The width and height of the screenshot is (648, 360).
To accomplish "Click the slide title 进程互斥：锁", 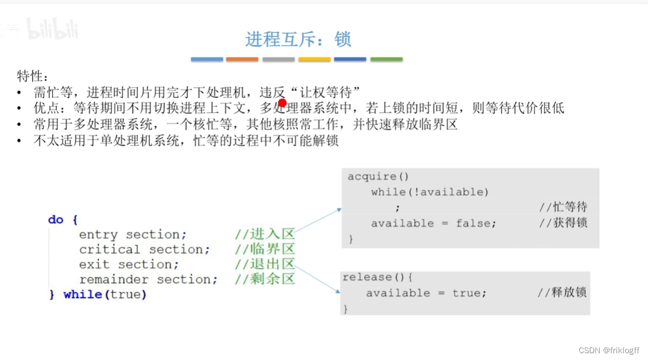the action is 298,39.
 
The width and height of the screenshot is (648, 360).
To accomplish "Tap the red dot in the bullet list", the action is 283,103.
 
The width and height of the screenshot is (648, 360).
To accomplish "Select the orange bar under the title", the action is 242,59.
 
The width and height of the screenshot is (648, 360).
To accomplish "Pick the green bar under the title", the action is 386,59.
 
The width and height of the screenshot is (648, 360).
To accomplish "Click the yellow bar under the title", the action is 314,59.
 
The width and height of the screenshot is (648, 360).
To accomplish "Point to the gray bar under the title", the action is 278,59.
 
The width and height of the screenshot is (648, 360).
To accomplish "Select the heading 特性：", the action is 33,76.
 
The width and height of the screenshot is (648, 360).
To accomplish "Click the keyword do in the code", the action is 56,219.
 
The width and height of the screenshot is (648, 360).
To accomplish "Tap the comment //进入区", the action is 265,234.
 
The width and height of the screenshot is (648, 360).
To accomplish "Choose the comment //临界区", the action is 265,249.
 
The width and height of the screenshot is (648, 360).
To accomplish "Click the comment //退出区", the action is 265,264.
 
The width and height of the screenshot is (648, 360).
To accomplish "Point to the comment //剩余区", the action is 265,279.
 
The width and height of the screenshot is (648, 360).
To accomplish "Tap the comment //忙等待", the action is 563,207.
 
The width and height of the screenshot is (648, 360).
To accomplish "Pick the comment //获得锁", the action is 563,223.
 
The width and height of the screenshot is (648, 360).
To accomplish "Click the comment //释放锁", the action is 562,292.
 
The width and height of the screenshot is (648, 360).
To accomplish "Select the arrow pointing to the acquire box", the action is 319,220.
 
